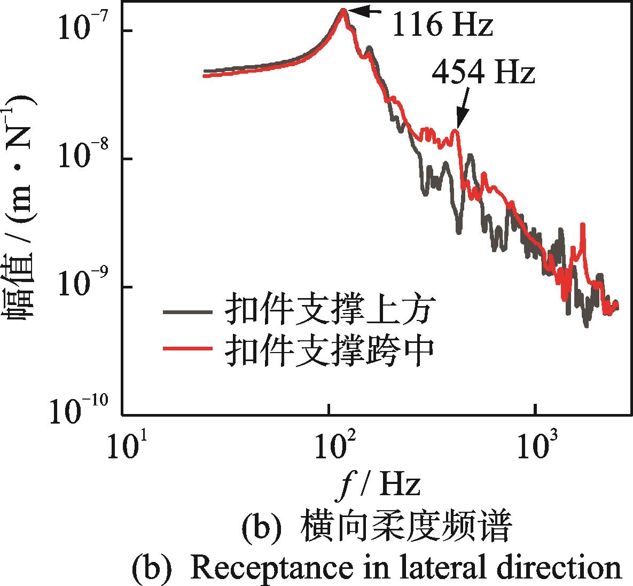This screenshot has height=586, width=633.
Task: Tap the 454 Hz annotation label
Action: pos(483,73)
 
